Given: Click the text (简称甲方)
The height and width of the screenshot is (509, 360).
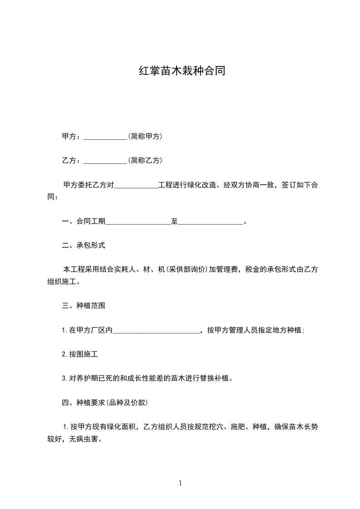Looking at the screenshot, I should click(145, 136).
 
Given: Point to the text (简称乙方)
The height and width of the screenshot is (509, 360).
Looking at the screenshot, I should click(145, 160).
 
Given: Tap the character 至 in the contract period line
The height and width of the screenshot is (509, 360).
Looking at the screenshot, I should click(174, 221).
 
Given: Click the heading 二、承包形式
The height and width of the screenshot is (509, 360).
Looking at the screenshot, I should click(84, 245).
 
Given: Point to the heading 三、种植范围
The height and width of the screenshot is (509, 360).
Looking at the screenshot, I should click(84, 306).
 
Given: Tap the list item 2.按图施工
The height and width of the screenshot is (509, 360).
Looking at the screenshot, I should click(80, 354).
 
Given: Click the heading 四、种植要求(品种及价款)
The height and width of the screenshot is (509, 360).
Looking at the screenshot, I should click(104, 402).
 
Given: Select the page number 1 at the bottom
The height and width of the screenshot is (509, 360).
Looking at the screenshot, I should click(180, 483).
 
